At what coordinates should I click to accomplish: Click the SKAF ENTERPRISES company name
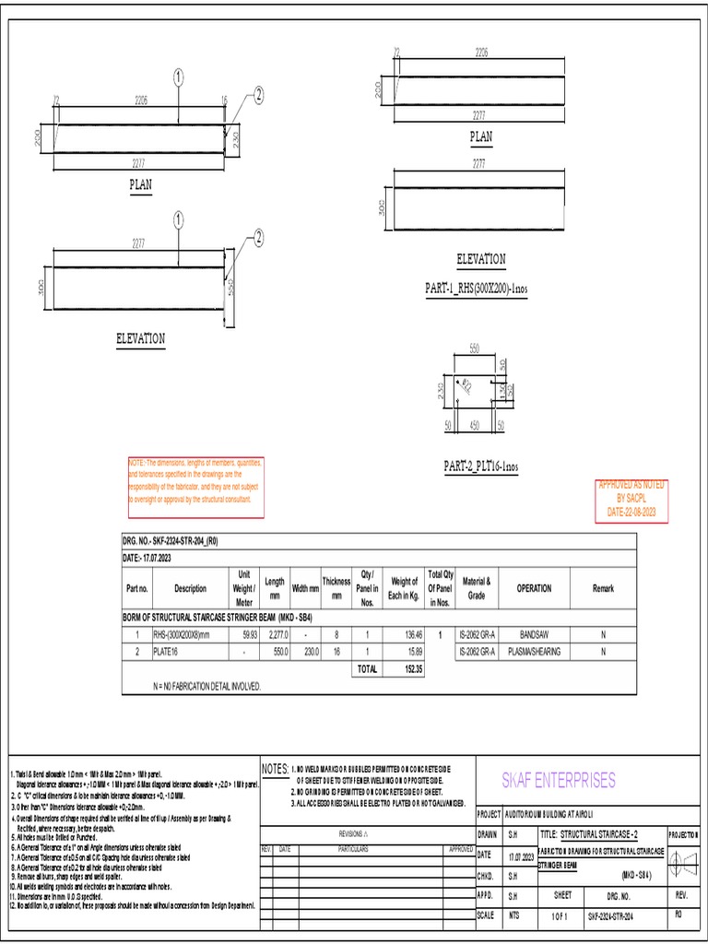tap(558, 781)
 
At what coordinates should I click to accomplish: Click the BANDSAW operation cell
tap(534, 635)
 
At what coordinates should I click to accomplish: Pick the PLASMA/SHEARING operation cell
tap(534, 652)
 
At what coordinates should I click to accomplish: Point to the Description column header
tap(191, 588)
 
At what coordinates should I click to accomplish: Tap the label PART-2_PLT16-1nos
tap(480, 467)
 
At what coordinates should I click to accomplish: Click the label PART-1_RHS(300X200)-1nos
tap(476, 289)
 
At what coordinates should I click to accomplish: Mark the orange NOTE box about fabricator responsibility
tap(195, 486)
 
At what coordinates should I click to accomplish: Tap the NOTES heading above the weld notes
tap(275, 769)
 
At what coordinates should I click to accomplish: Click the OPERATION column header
tap(534, 588)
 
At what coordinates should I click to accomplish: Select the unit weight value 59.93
tap(249, 635)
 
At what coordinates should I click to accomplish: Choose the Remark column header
tap(604, 588)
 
